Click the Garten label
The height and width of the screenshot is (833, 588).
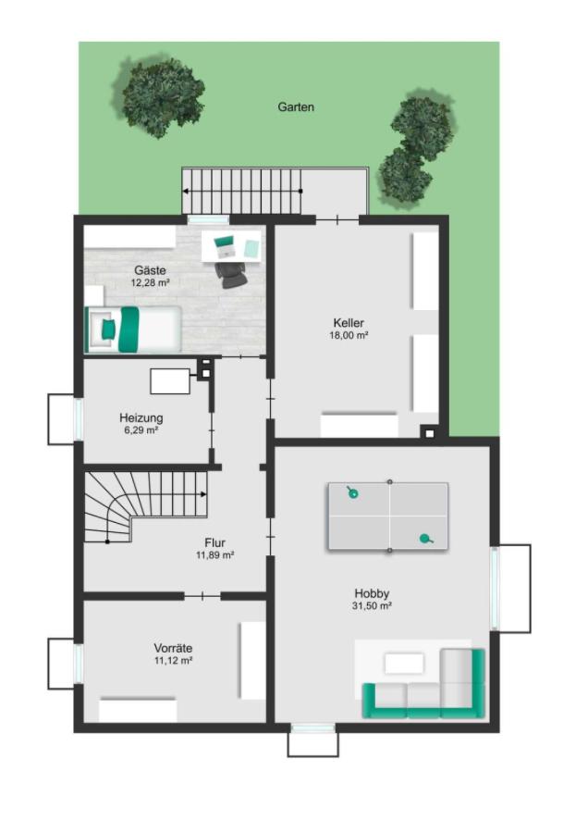(x=296, y=106)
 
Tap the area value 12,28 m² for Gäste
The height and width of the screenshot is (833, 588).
(x=150, y=282)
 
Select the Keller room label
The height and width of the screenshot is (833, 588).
(x=349, y=322)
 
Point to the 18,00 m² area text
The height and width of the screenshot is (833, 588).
(x=349, y=335)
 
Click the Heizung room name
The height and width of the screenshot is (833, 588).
(x=141, y=417)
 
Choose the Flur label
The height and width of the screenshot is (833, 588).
(x=214, y=542)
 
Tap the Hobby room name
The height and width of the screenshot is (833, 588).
(x=372, y=593)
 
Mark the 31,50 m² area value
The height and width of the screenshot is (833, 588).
(x=372, y=606)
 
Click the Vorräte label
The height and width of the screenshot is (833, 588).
(x=173, y=648)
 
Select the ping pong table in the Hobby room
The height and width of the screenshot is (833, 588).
(x=388, y=516)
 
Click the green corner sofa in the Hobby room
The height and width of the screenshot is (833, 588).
(x=424, y=684)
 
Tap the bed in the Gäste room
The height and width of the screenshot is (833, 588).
(x=133, y=329)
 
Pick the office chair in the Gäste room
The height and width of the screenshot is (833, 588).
(x=231, y=275)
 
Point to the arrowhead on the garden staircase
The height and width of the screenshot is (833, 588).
(x=186, y=191)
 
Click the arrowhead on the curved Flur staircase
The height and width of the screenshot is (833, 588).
(x=203, y=494)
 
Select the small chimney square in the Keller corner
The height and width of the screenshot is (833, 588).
(x=430, y=433)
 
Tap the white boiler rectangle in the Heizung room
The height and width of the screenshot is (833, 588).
(x=170, y=381)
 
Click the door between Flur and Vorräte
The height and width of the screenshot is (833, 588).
(x=202, y=596)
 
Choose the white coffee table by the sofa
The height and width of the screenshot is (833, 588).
(x=404, y=664)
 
